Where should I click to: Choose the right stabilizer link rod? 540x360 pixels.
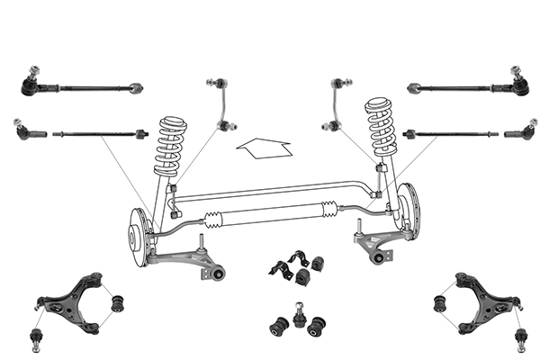[337, 107]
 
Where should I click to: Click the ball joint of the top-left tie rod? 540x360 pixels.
[32, 84]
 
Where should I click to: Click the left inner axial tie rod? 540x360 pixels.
[99, 137]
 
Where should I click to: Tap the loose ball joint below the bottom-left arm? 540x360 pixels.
[37, 339]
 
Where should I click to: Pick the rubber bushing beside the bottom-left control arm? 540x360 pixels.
[117, 304]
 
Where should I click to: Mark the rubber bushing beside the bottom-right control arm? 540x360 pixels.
[440, 302]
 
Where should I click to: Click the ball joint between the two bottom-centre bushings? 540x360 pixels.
[296, 320]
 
